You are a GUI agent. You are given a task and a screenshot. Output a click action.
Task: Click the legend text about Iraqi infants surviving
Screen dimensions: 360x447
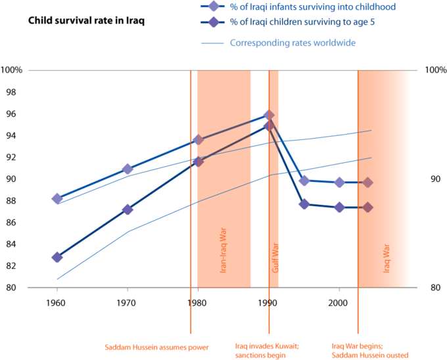[313, 7]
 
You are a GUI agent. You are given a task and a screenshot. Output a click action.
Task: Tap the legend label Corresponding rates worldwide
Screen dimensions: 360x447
[293, 43]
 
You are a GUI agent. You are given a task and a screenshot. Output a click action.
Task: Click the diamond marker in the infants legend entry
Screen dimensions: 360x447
[213, 7]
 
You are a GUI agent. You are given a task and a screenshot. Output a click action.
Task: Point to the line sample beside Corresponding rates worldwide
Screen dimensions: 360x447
[213, 43]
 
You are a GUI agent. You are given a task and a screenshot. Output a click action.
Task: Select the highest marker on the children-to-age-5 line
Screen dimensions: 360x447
[268, 126]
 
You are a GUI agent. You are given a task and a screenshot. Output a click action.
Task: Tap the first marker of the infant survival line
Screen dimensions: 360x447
[57, 198]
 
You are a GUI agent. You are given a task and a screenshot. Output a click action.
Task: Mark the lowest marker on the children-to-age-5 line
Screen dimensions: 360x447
[57, 257]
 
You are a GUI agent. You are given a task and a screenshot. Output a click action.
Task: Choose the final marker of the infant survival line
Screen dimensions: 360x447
[367, 182]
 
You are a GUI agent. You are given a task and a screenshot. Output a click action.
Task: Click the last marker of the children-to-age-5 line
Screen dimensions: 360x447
[367, 207]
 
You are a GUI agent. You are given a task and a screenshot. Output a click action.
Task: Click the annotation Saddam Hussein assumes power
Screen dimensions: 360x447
[157, 346]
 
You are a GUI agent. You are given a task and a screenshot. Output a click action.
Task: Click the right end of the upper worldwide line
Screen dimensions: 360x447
[371, 130]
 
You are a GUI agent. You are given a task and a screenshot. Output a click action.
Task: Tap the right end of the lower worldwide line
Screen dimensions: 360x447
[371, 158]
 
